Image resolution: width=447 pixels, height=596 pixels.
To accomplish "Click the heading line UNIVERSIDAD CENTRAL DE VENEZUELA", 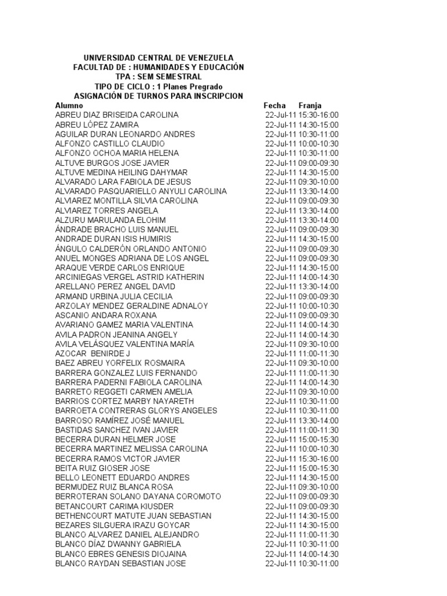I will coord(158,58).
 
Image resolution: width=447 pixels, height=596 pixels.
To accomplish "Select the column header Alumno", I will coord(69,105).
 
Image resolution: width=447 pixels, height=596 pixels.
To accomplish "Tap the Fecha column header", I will coord(275,105).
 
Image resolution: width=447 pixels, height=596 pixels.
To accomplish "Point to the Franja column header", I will coord(310,105).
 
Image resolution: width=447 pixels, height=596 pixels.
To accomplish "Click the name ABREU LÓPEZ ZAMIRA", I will coord(97,125).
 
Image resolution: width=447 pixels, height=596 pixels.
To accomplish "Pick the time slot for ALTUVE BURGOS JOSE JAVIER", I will coord(318,163).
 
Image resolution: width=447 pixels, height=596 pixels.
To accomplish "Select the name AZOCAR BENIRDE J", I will coord(93,353).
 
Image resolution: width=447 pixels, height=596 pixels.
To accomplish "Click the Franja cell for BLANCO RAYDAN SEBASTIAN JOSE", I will coord(318,563).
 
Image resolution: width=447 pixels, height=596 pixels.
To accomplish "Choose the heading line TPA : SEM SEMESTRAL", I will coord(158,77).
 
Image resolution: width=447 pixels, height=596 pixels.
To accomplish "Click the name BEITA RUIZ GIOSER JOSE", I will coord(102,468).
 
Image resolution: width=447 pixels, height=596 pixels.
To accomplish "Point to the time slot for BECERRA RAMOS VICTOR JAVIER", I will coord(318,459).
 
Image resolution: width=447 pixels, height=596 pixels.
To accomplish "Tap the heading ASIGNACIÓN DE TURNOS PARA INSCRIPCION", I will coord(158,96).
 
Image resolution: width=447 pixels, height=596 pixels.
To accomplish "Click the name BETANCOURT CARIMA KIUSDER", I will coord(114,506).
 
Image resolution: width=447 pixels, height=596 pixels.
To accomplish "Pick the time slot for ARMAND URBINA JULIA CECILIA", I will coord(318,296).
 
